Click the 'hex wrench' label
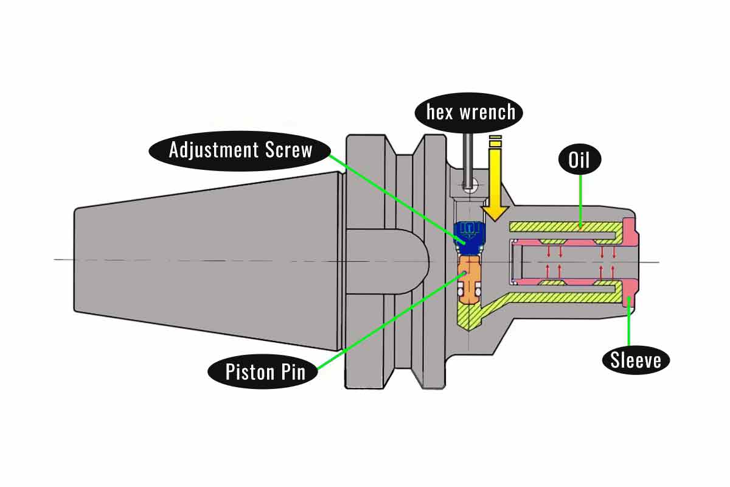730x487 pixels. click(471, 112)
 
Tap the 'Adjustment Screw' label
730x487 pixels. click(241, 150)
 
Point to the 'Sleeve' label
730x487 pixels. click(636, 360)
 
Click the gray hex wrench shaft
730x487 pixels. click(467, 158)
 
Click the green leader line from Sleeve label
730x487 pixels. click(628, 323)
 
